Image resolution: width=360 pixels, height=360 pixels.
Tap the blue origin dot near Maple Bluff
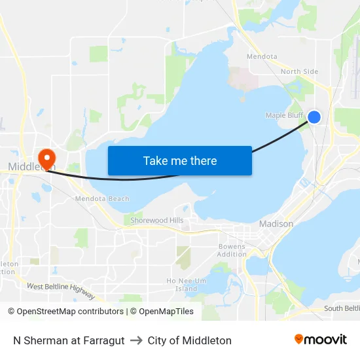pos(314,117)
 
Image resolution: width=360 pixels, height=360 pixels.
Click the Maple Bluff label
pos(284,116)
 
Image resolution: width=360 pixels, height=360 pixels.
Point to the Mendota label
pos(262,57)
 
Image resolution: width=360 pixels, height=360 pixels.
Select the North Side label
pos(299,71)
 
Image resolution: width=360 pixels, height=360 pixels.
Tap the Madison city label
pos(276,223)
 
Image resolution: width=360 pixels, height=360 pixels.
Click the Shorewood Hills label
pos(157,221)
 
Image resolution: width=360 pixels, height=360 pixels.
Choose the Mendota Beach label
pos(102,198)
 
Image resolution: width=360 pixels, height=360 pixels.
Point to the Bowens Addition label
pos(232,250)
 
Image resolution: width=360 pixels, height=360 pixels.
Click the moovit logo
pos(321,340)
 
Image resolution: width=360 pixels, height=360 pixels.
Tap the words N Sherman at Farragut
pos(69,340)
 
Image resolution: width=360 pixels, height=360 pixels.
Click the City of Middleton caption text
pos(190,340)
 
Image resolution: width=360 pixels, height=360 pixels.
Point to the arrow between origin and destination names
pos(136,340)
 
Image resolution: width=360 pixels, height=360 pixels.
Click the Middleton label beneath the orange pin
pos(31,167)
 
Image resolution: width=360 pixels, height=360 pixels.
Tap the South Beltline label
pos(342,308)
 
